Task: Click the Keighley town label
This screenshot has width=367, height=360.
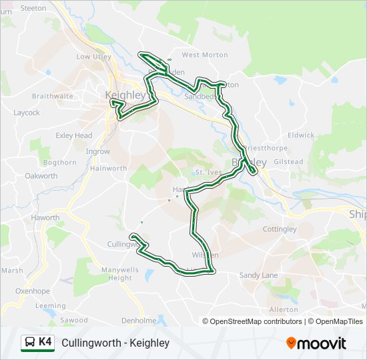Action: [x=125, y=95]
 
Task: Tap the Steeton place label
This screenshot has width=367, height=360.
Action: [x=33, y=8]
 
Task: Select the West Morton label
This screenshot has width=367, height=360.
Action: [x=200, y=55]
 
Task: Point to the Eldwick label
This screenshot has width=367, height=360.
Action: [x=301, y=135]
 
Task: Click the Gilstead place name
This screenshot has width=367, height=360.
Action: [x=288, y=162]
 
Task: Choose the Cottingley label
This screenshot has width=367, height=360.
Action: [x=280, y=229]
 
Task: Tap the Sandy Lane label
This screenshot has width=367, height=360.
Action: [x=258, y=275]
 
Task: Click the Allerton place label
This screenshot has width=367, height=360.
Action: [x=284, y=310]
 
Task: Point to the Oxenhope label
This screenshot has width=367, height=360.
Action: [x=33, y=291]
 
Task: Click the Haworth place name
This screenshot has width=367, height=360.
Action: [x=46, y=218]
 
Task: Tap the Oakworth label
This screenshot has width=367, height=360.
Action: [x=41, y=176]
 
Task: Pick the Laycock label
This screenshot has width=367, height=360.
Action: [x=27, y=113]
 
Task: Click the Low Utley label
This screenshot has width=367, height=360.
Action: [x=93, y=57]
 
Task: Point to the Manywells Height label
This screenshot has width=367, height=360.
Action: [x=121, y=273]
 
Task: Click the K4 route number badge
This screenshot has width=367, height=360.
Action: [x=45, y=342]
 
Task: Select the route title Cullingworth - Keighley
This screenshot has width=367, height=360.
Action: [x=115, y=343]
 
